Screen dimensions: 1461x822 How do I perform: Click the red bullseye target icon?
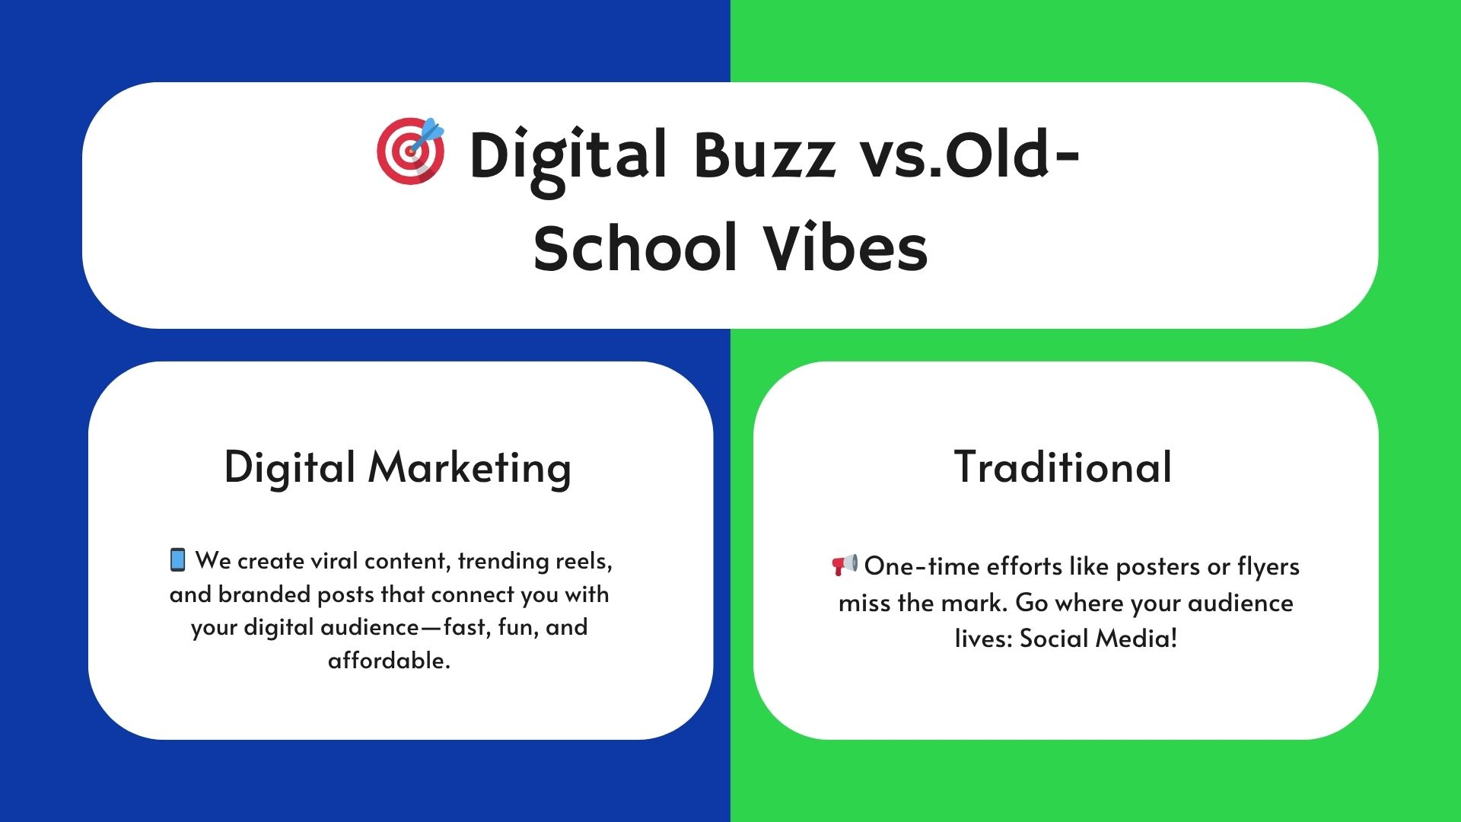click(x=411, y=151)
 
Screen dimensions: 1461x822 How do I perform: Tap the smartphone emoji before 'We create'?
click(x=177, y=559)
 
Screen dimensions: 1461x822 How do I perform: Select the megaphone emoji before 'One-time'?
click(x=844, y=565)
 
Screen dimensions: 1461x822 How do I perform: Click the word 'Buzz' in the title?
click(x=764, y=155)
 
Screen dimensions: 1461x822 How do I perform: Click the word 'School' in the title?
click(x=635, y=248)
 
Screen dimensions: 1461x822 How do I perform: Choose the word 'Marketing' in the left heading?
click(x=469, y=468)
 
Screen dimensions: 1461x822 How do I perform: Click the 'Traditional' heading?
click(x=1063, y=467)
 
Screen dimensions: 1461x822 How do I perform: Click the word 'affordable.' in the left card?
click(x=389, y=660)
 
